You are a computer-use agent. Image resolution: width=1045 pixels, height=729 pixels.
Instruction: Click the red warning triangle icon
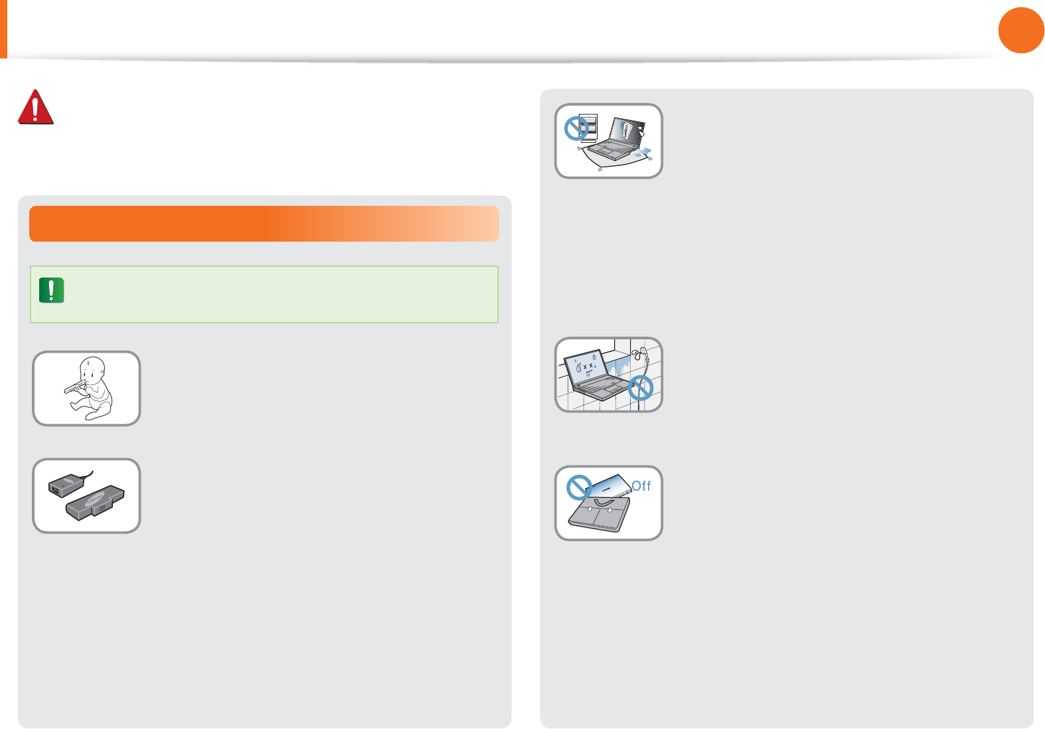pos(35,108)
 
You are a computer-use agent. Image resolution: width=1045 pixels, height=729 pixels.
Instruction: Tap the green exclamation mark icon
pos(51,290)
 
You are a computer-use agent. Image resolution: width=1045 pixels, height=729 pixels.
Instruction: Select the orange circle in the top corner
pos(1020,30)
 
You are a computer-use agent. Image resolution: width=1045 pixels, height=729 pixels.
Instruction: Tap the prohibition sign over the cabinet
pos(576,128)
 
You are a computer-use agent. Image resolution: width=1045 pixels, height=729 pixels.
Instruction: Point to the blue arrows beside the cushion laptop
pos(641,153)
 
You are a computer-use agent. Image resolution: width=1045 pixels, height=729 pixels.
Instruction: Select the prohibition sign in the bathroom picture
pos(640,387)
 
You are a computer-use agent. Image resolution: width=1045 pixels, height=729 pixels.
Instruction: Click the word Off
pos(641,486)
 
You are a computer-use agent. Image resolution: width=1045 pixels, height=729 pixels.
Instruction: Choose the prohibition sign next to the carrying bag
pos(579,487)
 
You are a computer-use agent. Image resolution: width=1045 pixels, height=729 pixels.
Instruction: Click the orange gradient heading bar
pos(264,224)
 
